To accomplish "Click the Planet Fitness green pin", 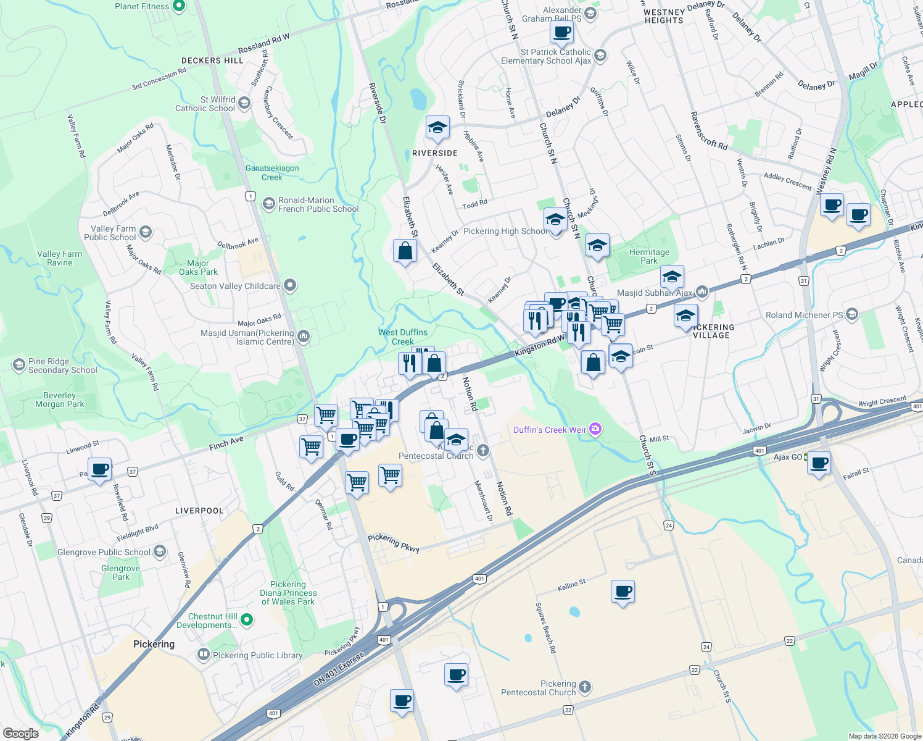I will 179,6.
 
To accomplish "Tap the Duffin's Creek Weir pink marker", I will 595,429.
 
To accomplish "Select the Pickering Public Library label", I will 257,655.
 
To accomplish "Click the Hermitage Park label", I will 649,256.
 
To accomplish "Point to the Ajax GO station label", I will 788,457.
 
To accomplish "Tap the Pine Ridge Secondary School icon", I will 19,365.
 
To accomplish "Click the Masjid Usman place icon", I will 303,337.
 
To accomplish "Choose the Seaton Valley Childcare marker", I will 290,285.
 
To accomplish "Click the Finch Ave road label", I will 226,443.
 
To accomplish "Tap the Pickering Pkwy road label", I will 394,542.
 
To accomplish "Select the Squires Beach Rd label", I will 545,627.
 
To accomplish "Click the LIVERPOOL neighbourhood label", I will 199,511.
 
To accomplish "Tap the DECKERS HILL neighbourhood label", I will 212,61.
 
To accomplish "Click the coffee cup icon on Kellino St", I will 623,592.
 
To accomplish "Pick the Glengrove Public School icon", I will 160,551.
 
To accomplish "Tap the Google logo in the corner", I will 20,733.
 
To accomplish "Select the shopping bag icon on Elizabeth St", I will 405,251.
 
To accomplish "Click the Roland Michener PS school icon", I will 852,314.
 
